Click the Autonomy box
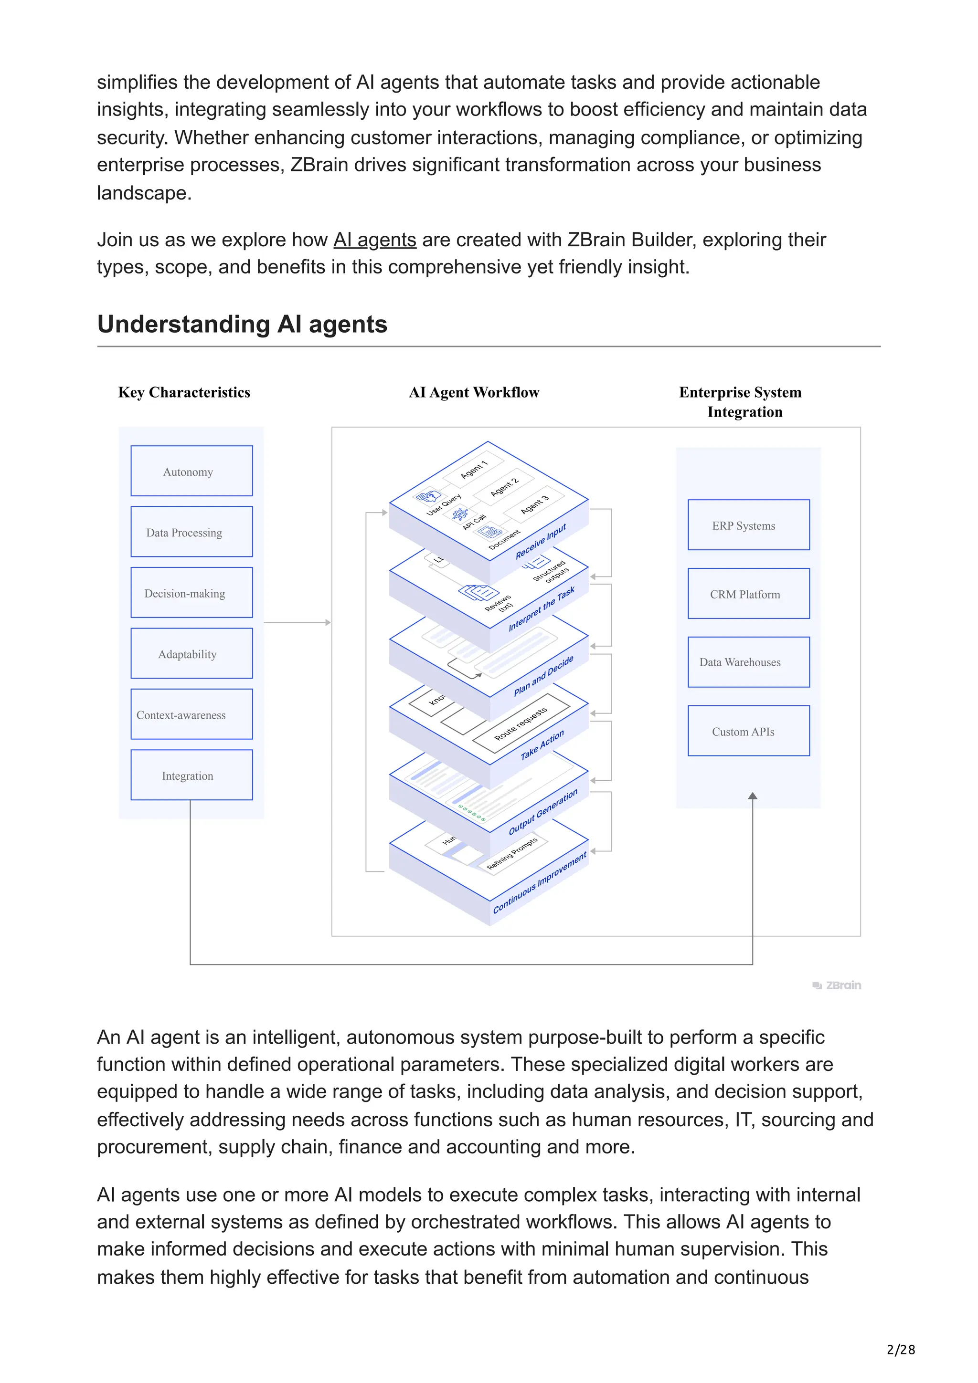click(x=191, y=471)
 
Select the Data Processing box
click(x=191, y=532)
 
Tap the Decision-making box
click(x=191, y=593)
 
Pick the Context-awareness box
click(x=191, y=714)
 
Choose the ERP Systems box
click(x=748, y=525)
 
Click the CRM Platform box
click(x=748, y=594)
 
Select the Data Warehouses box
click(x=748, y=662)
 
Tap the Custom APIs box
click(x=748, y=731)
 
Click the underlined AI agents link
click(x=375, y=240)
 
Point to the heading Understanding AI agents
click(x=242, y=324)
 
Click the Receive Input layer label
click(x=541, y=541)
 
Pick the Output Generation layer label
click(x=542, y=812)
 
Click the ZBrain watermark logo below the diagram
click(x=837, y=985)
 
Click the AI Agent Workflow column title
click(x=474, y=393)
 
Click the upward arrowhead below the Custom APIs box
click(x=753, y=796)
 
